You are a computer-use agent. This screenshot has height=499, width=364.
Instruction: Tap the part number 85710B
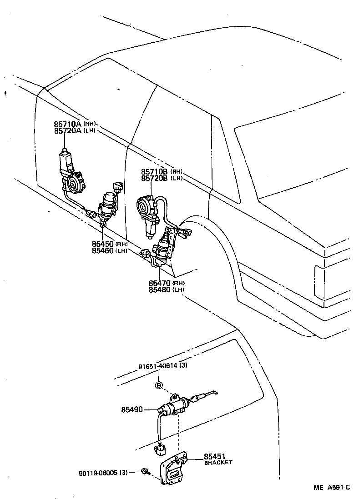coord(155,171)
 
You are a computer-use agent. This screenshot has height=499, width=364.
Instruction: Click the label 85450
coord(103,244)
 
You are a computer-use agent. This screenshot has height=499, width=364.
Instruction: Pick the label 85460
coord(103,250)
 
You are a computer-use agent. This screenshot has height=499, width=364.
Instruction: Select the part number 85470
coord(160,283)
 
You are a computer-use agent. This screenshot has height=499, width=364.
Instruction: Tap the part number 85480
coord(160,289)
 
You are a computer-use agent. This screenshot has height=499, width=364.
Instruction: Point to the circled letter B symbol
coord(159,386)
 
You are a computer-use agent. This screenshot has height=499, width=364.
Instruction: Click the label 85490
coord(132,409)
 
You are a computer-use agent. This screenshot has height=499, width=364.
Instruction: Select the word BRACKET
coord(218,462)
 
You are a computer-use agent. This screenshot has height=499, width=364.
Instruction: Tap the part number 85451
coord(215,456)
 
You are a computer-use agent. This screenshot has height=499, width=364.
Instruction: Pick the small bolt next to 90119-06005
coord(144,472)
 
